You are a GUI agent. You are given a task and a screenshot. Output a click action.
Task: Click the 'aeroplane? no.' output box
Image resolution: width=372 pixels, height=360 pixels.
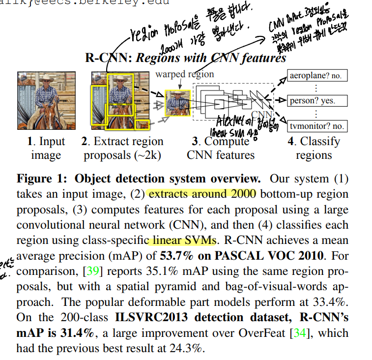(x=316, y=76)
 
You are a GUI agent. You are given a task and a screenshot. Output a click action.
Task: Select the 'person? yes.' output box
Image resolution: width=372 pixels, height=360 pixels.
(x=316, y=101)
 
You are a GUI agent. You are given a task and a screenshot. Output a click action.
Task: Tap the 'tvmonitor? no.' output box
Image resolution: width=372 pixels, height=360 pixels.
(x=316, y=126)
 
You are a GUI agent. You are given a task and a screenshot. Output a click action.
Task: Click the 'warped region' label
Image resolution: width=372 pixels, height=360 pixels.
(x=185, y=74)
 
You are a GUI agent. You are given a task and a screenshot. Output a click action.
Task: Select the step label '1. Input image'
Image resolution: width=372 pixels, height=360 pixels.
(x=46, y=149)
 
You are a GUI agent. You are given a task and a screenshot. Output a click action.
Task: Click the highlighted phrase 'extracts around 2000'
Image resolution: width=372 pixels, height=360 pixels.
(x=202, y=193)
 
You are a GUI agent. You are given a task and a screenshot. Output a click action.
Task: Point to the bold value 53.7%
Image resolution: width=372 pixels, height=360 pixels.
(x=174, y=257)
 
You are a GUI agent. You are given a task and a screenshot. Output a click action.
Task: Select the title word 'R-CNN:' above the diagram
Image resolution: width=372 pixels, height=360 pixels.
(x=108, y=58)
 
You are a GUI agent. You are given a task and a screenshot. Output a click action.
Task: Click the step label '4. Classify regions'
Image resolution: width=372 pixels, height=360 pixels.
(x=314, y=149)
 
